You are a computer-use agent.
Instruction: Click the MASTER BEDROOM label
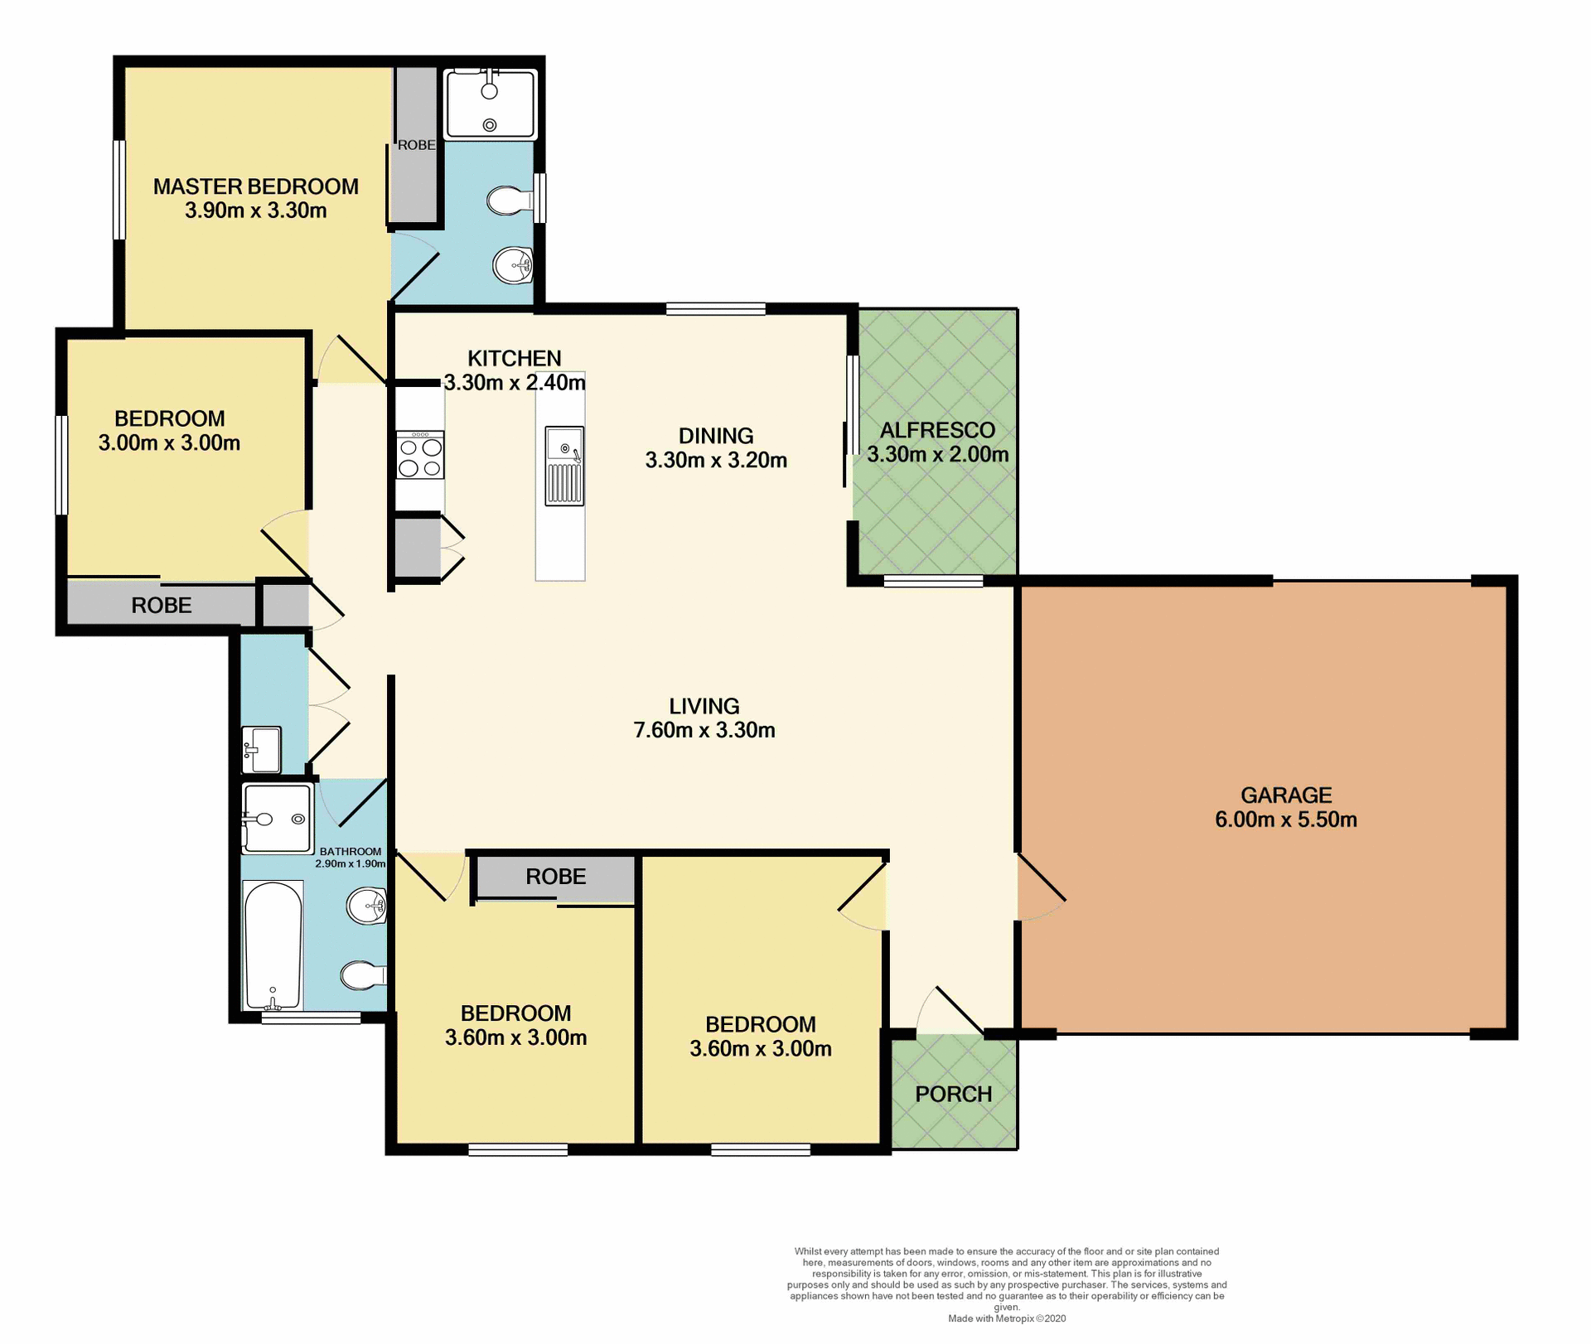click(255, 186)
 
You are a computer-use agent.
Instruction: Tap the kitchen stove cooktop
click(420, 457)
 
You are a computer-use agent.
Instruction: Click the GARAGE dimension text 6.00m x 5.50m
click(1285, 820)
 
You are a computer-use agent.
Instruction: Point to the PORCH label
click(953, 1095)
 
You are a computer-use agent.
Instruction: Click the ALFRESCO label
click(937, 430)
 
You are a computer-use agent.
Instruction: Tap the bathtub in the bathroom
click(273, 945)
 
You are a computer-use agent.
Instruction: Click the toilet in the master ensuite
click(508, 200)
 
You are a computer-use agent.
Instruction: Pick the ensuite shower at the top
click(491, 104)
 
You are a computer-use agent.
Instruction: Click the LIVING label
click(704, 706)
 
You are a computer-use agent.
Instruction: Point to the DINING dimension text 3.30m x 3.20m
click(716, 461)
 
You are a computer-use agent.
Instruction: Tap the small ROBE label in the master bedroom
click(416, 145)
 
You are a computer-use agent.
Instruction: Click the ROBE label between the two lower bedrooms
click(555, 877)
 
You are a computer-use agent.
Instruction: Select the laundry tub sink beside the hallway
click(261, 749)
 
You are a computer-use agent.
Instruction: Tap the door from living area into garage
click(1041, 887)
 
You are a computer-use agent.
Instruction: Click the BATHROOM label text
click(351, 852)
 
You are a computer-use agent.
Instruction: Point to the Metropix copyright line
click(1007, 1318)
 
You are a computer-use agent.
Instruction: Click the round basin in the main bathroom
click(365, 906)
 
